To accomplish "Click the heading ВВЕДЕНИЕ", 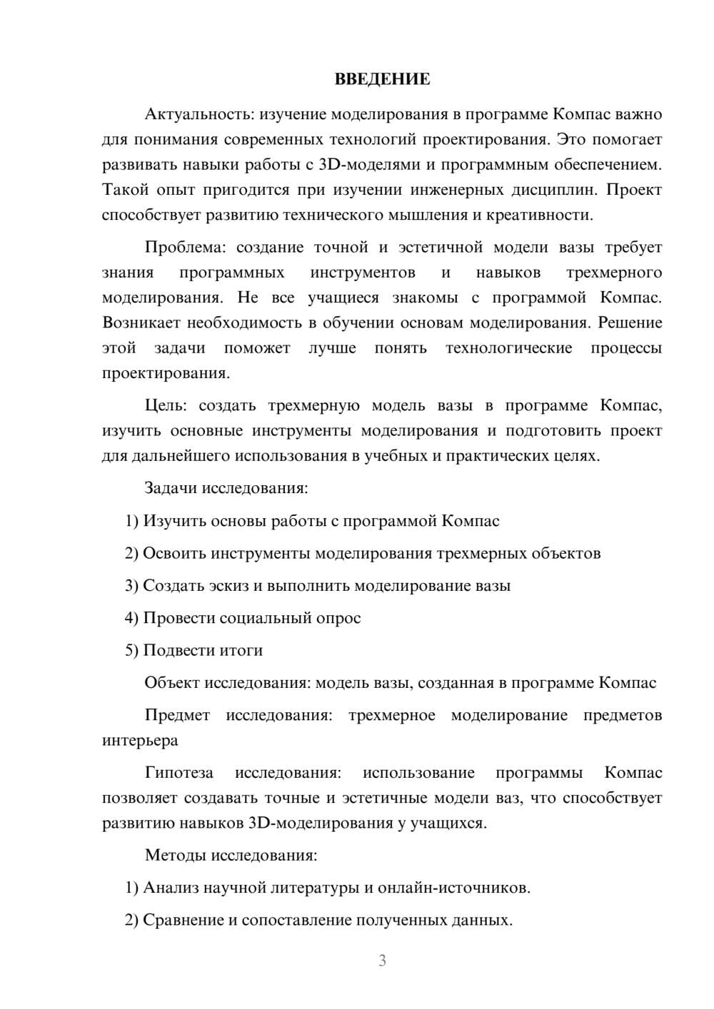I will pyautogui.click(x=382, y=79).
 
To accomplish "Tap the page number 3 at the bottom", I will pyautogui.click(x=382, y=960).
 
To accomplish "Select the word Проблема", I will pyautogui.click(x=184, y=248).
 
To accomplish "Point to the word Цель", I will pyautogui.click(x=166, y=406).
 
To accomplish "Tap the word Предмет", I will pyautogui.click(x=177, y=715).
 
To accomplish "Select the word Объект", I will pyautogui.click(x=172, y=683).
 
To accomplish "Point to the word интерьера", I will pyautogui.click(x=140, y=740).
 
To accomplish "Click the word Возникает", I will pyautogui.click(x=141, y=323).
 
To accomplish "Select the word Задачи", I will pyautogui.click(x=171, y=489).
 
